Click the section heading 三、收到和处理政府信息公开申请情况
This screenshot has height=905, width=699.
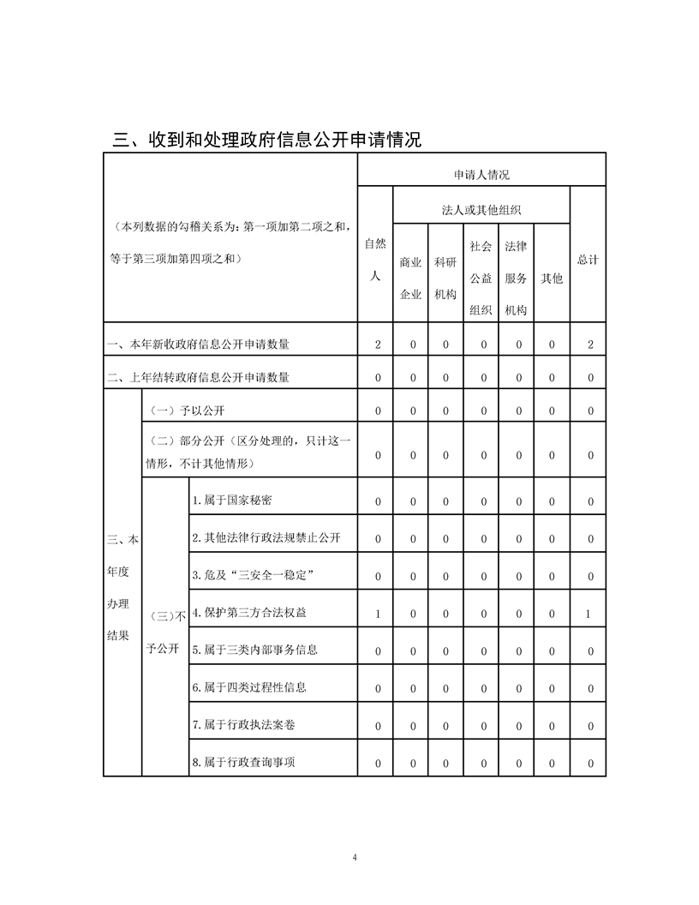click(267, 139)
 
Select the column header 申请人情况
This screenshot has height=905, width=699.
click(481, 175)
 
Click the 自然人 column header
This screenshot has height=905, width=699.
click(375, 261)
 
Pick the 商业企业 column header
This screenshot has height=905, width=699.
click(411, 278)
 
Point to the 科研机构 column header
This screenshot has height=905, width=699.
click(445, 278)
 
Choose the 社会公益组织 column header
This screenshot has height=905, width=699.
click(481, 278)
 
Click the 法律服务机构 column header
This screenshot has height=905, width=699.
click(517, 278)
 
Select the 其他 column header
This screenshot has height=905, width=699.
click(553, 279)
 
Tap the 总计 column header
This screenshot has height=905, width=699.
click(588, 260)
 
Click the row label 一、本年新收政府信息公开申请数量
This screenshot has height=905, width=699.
click(198, 345)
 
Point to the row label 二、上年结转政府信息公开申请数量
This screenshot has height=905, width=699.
click(198, 377)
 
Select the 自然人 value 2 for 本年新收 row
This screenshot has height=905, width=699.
click(377, 345)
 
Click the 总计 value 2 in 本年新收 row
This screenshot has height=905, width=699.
click(590, 345)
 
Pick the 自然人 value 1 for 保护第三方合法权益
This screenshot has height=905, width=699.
click(377, 614)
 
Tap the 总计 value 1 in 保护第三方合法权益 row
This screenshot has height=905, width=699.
click(590, 614)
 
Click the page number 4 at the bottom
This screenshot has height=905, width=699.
click(354, 858)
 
